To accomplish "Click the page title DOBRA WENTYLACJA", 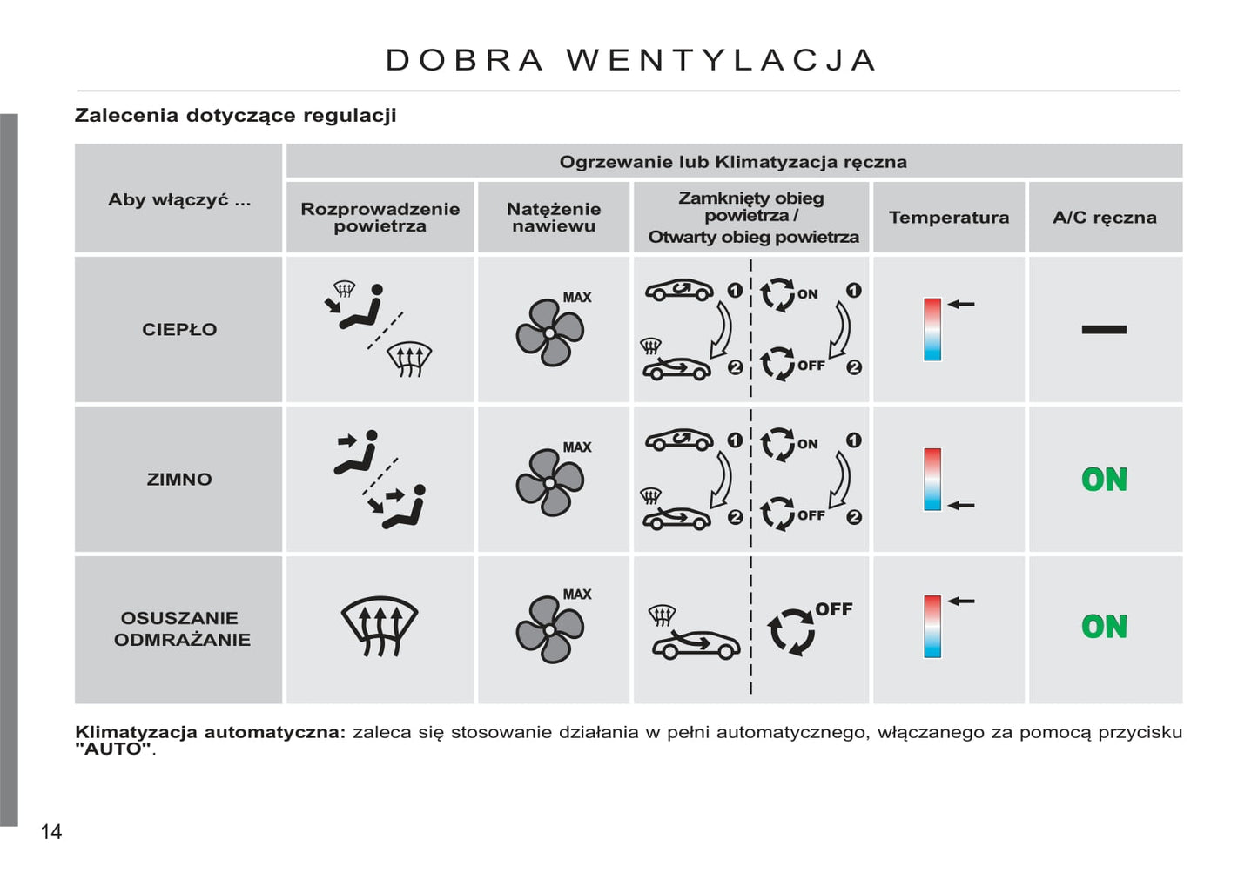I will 631,60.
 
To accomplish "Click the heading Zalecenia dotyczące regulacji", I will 235,116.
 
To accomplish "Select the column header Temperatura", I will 948,218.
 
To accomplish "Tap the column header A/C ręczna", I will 1104,218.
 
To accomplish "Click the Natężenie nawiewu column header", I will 553,218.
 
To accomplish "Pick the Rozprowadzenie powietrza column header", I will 380,218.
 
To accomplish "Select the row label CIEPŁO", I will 179,330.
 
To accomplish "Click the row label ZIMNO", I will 179,480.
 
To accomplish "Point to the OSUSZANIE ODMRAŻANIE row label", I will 181,628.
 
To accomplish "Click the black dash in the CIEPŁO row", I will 1104,329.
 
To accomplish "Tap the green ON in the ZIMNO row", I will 1104,480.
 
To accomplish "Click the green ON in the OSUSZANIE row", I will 1104,627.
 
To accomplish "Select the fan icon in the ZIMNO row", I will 549,482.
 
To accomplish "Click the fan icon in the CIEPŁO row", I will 549,333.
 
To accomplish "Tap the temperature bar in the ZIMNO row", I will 932,480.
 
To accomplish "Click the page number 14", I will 51,832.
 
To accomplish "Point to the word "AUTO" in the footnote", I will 113,749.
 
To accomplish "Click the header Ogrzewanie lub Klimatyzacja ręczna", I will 733,162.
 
